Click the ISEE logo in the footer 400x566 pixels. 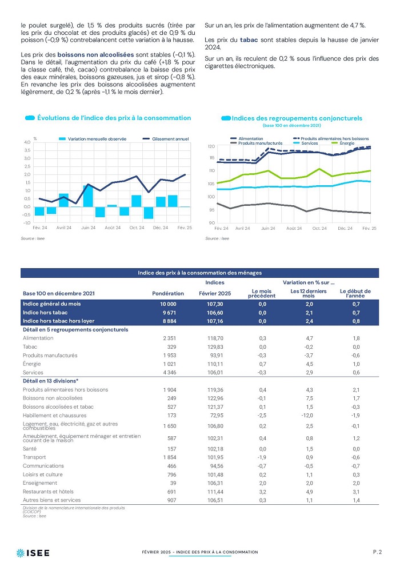33,553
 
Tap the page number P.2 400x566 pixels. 377,552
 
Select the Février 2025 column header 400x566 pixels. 215,293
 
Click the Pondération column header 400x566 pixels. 168,293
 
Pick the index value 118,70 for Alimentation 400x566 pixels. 215,338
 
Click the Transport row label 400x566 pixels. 34,457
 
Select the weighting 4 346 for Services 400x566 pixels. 170,373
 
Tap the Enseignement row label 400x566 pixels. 40,483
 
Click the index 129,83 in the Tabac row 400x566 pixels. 215,347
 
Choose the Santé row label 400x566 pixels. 30,449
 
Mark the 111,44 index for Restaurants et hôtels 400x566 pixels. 215,492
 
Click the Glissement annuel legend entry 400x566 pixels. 166,139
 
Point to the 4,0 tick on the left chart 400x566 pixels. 27,142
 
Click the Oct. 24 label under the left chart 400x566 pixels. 137,228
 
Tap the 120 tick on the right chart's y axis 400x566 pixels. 211,146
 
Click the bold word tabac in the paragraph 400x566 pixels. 249,40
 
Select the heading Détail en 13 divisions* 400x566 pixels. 50,381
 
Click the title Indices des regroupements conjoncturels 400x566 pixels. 297,118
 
